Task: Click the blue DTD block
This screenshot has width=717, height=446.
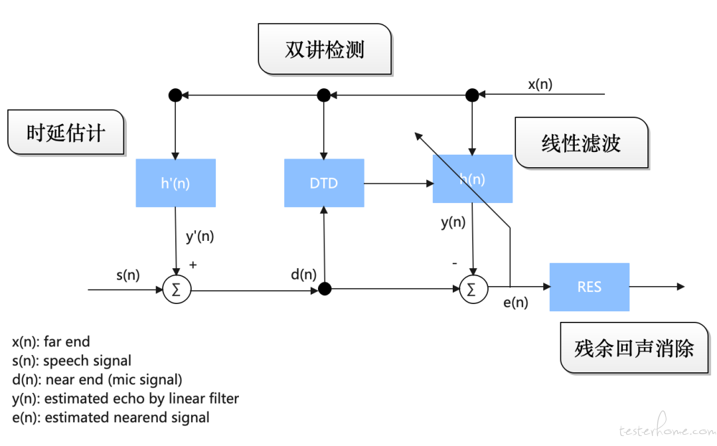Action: pos(324,183)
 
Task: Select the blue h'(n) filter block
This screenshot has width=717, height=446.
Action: pos(175,183)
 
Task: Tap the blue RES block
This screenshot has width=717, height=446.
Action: pos(590,287)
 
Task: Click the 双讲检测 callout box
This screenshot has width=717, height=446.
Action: pos(325,49)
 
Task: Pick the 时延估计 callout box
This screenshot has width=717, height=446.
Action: pos(66,133)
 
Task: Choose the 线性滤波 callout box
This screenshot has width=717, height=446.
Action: pos(582,143)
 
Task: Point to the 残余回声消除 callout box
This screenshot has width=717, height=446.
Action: pos(634,348)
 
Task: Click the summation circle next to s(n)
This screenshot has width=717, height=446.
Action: pos(177,289)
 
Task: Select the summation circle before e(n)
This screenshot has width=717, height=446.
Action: pos(473,289)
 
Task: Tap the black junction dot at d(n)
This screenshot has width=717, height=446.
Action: pos(325,289)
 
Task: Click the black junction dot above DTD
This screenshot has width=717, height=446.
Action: pos(324,95)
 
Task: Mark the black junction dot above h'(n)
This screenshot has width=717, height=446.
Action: pos(175,95)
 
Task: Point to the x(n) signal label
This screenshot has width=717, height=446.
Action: pos(540,84)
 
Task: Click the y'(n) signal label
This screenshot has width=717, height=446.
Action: pos(200,236)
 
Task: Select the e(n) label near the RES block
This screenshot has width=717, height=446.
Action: pos(515,303)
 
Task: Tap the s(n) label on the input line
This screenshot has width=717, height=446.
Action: pos(128,275)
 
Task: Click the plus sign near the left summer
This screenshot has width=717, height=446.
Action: pos(193,265)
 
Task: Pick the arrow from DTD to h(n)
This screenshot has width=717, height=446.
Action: pos(399,183)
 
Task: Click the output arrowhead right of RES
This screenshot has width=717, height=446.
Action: pos(681,287)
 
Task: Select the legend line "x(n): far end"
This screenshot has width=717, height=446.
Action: pos(51,342)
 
